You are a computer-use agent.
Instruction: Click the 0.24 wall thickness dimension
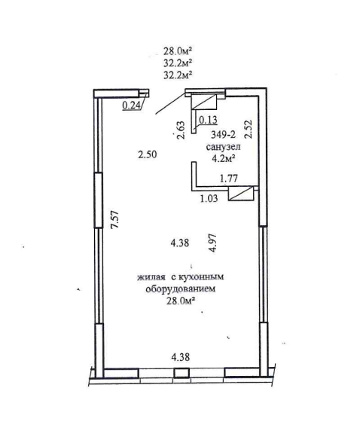pyautogui.click(x=132, y=105)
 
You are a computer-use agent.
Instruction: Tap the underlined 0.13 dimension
pyautogui.click(x=208, y=120)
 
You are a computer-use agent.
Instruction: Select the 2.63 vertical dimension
pyautogui.click(x=181, y=130)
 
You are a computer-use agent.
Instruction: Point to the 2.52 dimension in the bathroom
pyautogui.click(x=249, y=129)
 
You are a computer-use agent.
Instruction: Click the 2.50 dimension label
pyautogui.click(x=148, y=154)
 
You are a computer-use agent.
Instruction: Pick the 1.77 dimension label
pyautogui.click(x=229, y=179)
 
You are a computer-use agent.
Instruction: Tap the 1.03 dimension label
pyautogui.click(x=209, y=198)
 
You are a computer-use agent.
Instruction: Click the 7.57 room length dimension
pyautogui.click(x=115, y=219)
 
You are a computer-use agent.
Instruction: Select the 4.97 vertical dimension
pyautogui.click(x=212, y=243)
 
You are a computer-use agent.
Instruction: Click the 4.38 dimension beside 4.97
pyautogui.click(x=180, y=243)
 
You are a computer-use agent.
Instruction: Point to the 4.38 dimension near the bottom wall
pyautogui.click(x=181, y=356)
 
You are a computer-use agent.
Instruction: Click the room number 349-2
pyautogui.click(x=223, y=133)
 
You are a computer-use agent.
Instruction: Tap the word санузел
pyautogui.click(x=223, y=147)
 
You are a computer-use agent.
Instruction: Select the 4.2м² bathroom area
pyautogui.click(x=223, y=159)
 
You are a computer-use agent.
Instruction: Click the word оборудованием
pyautogui.click(x=180, y=289)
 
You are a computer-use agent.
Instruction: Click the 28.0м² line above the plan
pyautogui.click(x=177, y=51)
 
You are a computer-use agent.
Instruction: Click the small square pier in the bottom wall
pyautogui.click(x=182, y=373)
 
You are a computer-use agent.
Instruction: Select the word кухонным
pyautogui.click(x=201, y=276)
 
